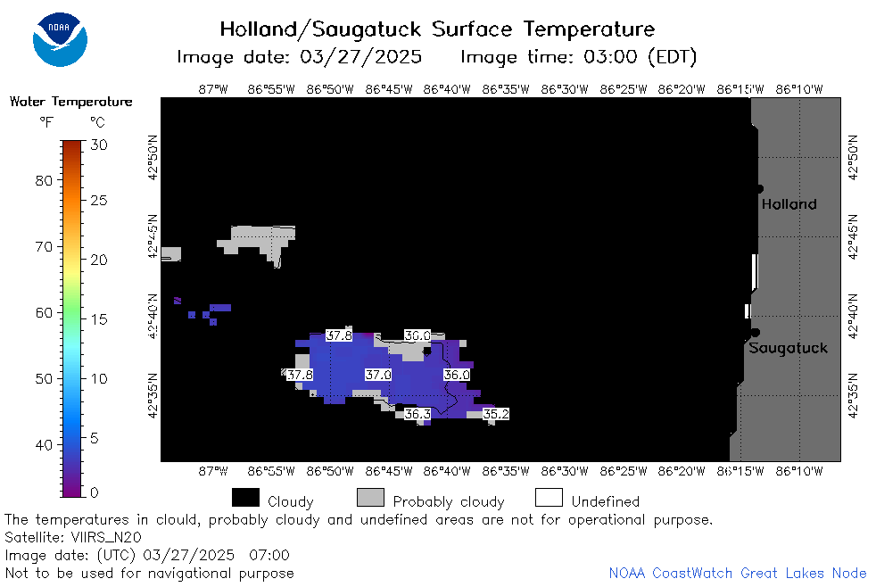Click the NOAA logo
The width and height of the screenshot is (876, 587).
tap(60, 39)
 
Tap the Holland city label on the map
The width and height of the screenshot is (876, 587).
tap(789, 204)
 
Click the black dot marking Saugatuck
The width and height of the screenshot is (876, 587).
tap(756, 333)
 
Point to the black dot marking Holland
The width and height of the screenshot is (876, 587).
tap(759, 189)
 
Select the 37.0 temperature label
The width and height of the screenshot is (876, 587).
tap(378, 375)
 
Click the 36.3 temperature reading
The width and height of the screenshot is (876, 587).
tap(417, 414)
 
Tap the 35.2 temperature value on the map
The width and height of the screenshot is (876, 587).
tap(496, 414)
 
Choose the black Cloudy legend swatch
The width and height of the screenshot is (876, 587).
tap(245, 498)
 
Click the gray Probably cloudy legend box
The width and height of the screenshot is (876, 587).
tap(370, 498)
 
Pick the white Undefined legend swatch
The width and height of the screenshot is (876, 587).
tap(549, 498)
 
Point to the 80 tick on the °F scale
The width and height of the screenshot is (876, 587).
tap(44, 180)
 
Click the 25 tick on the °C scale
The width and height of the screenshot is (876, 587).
tap(98, 200)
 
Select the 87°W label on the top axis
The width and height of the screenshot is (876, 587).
tap(213, 89)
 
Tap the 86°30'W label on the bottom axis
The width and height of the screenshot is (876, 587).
tap(565, 471)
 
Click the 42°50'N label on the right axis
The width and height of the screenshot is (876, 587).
tap(853, 158)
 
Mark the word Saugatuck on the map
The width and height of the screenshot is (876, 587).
tap(788, 348)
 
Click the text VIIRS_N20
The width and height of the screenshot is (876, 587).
tap(106, 537)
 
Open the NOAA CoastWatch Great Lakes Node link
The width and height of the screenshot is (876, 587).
tap(738, 573)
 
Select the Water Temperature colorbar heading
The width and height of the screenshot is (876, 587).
tap(71, 102)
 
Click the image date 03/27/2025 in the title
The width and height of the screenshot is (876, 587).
tap(360, 57)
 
